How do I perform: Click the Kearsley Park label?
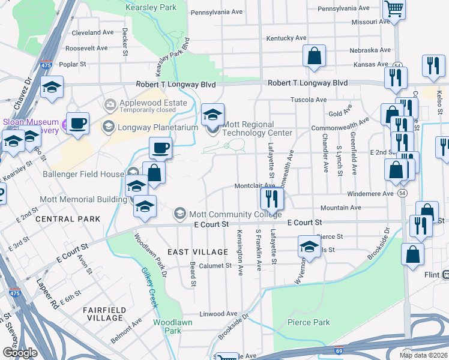151,8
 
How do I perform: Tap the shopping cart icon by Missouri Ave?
395,9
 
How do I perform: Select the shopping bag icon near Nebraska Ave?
315,56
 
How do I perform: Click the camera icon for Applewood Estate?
110,106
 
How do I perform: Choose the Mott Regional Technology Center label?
258,133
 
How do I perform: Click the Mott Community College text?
235,214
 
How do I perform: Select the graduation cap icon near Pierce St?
309,246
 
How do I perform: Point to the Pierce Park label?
309,322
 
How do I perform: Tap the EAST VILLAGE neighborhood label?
197,251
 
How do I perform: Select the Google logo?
20,352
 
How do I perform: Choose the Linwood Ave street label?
218,313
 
